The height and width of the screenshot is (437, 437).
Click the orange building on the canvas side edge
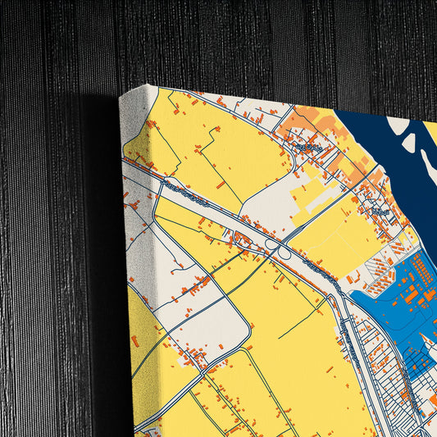coord(134,339)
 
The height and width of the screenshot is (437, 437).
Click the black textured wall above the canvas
coord(246,41)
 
